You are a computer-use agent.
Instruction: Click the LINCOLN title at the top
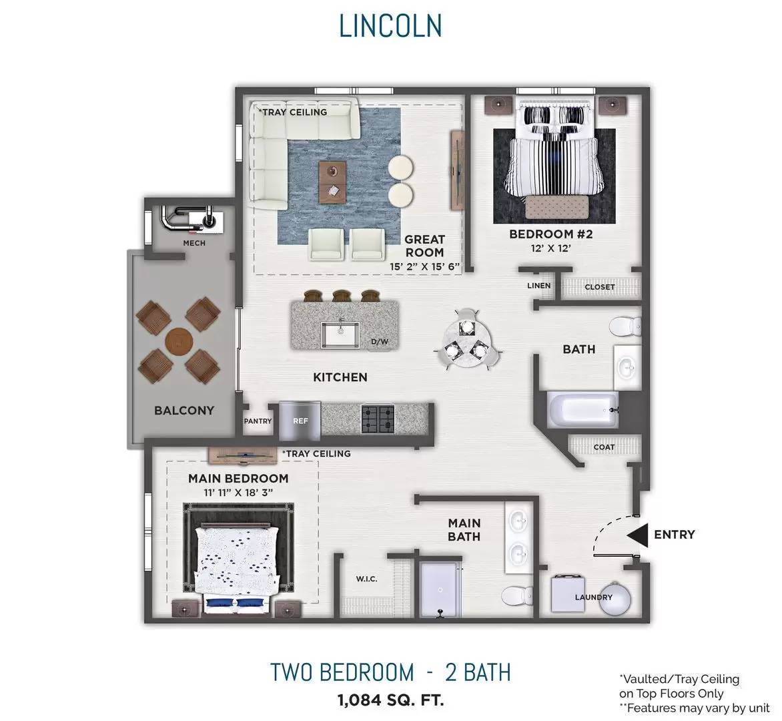tap(390, 26)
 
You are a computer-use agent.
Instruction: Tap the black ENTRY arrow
tap(637, 535)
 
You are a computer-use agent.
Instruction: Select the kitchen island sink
tap(340, 334)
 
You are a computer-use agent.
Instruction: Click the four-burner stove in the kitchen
tap(378, 419)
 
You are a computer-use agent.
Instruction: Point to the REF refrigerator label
tap(300, 421)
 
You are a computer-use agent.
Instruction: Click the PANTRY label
tap(258, 421)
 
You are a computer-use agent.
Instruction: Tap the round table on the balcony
tap(179, 341)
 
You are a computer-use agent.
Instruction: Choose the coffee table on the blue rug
tap(333, 182)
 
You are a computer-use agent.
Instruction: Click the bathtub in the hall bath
tap(583, 410)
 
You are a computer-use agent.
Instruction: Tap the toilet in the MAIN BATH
tap(516, 595)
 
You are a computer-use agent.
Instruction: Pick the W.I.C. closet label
tap(366, 579)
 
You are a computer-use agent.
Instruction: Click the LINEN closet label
tap(539, 286)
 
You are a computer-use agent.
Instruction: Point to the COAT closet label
tap(604, 447)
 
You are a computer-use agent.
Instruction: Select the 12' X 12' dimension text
tap(550, 248)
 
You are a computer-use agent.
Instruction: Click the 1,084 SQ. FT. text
tap(390, 700)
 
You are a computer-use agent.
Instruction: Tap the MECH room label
tap(194, 243)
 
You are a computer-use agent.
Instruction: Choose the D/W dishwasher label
tap(380, 342)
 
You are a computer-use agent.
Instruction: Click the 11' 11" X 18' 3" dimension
tap(238, 493)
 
